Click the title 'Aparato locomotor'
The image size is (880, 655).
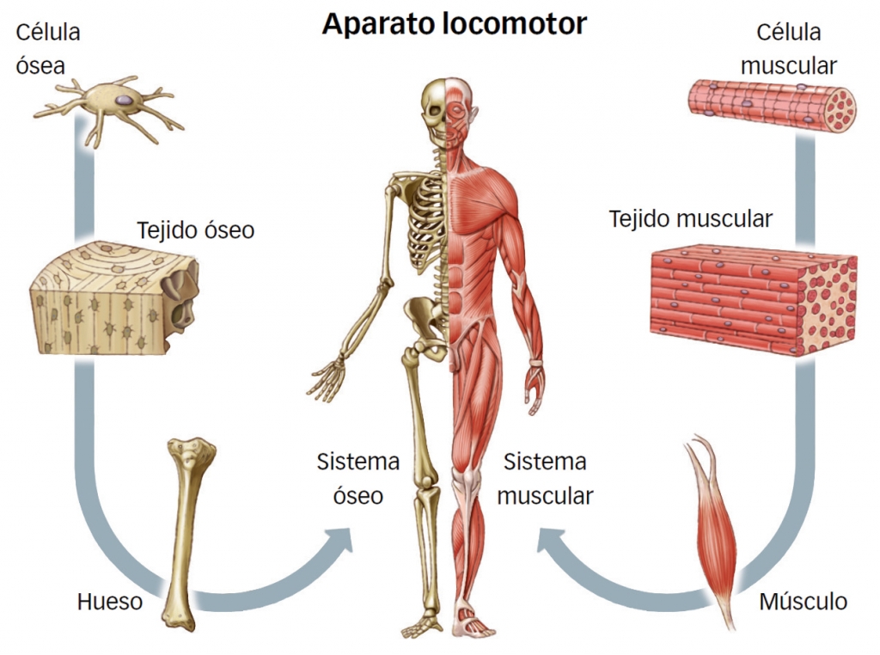pos(454,25)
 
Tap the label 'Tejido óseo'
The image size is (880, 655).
pos(195,230)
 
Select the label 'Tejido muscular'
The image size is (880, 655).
pos(691,219)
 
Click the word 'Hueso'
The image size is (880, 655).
pos(110,602)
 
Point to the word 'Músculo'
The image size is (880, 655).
pos(804,601)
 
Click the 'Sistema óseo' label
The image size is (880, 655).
pos(358,479)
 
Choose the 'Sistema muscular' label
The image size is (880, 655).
pos(545,479)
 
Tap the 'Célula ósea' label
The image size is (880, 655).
pos(48,49)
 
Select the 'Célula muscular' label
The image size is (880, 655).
pos(789,49)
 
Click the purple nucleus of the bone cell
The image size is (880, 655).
pos(125,100)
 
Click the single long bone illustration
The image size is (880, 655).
pos(188,533)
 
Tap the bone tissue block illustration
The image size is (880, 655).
pos(115,298)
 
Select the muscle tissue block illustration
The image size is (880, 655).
pos(754,300)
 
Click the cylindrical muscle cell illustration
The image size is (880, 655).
pos(772,106)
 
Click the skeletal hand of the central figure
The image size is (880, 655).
pos(327,379)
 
